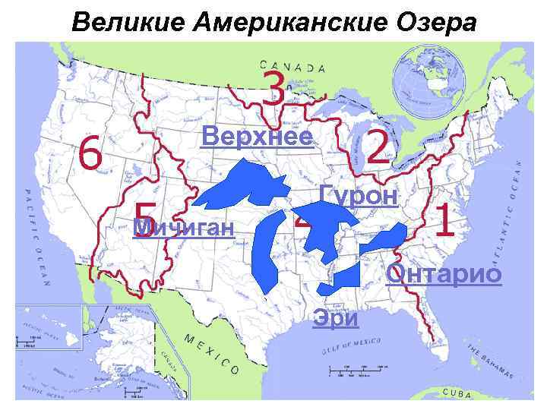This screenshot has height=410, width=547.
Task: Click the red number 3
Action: pyautogui.click(x=274, y=90)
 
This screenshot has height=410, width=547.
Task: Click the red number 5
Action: pyautogui.click(x=144, y=218)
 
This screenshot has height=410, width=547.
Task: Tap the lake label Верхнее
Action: pyautogui.click(x=256, y=136)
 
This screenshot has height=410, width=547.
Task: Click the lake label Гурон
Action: pyautogui.click(x=358, y=195)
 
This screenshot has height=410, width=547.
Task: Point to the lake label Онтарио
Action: pyautogui.click(x=444, y=273)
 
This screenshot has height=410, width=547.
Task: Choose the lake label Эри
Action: pyautogui.click(x=335, y=317)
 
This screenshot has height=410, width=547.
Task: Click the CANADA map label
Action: pyautogui.click(x=292, y=67)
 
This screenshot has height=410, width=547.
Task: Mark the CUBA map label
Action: pyautogui.click(x=457, y=394)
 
